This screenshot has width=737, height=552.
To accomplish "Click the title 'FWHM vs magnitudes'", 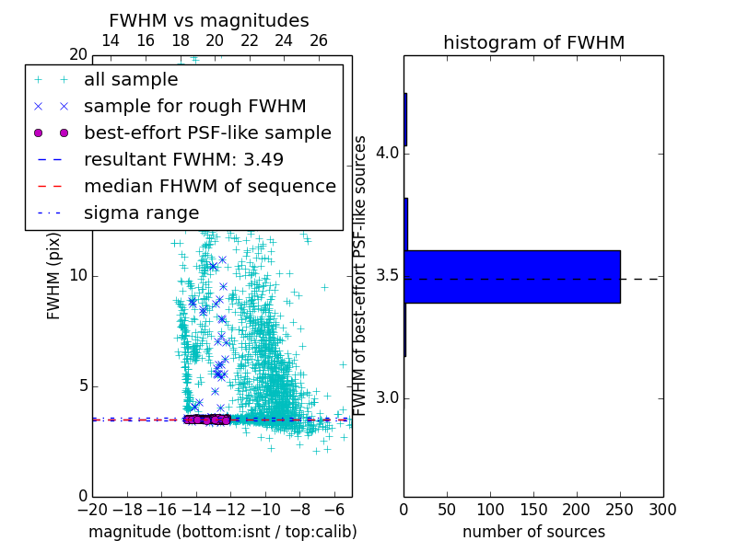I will (208, 20).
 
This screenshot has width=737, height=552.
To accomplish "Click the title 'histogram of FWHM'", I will (533, 42).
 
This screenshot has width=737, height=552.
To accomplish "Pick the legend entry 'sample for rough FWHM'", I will (194, 106).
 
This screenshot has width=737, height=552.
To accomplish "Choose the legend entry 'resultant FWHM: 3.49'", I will (183, 159).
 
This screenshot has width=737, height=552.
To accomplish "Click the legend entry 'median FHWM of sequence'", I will (209, 186).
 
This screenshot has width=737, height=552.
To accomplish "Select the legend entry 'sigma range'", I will (141, 213).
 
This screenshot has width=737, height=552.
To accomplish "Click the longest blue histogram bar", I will (512, 276).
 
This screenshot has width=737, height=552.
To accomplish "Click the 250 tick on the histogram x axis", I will (620, 508).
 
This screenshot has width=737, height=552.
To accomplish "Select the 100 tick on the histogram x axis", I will (490, 508).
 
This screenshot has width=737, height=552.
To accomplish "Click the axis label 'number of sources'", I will (533, 532).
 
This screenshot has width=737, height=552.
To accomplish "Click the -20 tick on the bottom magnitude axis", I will (92, 508).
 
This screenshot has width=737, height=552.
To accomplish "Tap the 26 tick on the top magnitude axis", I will (319, 40).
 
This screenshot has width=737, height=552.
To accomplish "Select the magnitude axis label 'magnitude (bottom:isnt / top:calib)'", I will (222, 532).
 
